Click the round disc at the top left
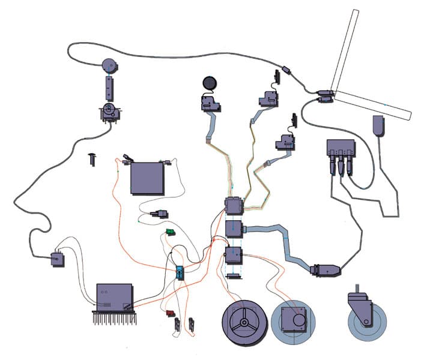(x=109, y=64)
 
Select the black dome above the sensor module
(x=209, y=83)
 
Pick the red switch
(x=171, y=313)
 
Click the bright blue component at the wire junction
(x=179, y=272)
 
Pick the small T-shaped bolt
(x=92, y=159)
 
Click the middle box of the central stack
(x=232, y=229)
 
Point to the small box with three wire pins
(x=58, y=259)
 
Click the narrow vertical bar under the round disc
(x=109, y=88)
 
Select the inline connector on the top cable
(x=287, y=71)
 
